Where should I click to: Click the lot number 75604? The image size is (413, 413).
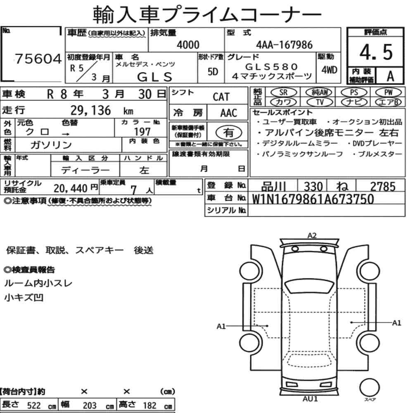click(38, 59)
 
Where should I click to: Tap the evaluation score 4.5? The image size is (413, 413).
click(376, 52)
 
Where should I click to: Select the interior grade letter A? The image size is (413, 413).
click(390, 76)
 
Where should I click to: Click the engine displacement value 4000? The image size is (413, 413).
click(188, 45)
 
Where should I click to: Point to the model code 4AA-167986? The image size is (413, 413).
click(284, 45)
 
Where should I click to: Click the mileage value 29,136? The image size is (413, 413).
click(90, 110)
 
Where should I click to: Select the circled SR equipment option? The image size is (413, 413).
click(283, 93)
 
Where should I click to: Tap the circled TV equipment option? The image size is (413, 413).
click(320, 102)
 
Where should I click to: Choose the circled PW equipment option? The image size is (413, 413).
click(389, 93)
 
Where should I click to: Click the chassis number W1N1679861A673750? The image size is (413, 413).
click(313, 199)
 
